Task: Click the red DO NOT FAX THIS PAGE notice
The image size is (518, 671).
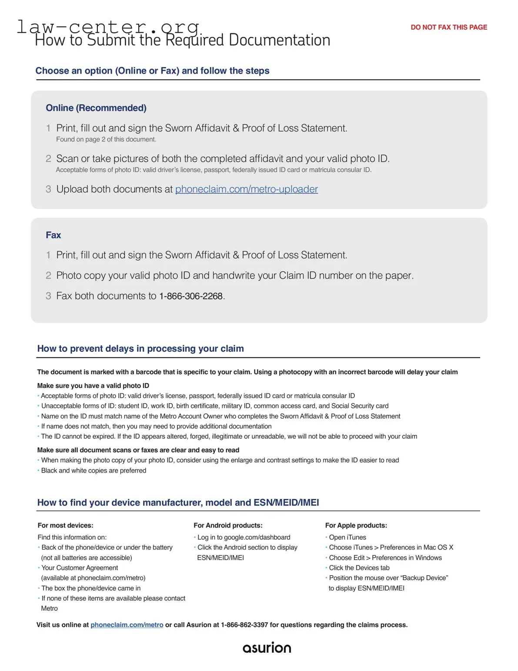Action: [x=448, y=27]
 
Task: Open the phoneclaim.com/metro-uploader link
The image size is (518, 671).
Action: [x=246, y=189]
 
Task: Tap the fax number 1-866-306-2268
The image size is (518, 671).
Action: [x=191, y=296]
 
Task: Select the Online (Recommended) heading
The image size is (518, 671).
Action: [x=96, y=108]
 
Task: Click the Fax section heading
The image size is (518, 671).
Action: [x=53, y=235]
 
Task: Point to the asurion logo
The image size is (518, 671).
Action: [x=267, y=647]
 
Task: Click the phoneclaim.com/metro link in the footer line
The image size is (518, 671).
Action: [x=127, y=625]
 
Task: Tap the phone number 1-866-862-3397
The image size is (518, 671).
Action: [x=244, y=625]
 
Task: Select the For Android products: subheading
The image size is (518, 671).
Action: [x=228, y=526]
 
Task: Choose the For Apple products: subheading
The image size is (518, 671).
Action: [x=356, y=526]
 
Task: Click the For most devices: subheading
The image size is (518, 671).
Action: [x=65, y=526]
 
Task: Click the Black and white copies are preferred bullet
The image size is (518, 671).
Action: [x=94, y=471]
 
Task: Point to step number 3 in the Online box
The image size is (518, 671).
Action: [x=48, y=189]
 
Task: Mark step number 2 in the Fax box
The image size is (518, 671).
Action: [x=48, y=276]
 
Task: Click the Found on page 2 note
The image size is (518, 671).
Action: [x=106, y=139]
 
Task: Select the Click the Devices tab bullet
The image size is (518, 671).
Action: [x=359, y=568]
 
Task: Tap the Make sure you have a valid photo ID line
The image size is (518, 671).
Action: [x=93, y=386]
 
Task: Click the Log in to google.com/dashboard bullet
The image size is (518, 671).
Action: [x=244, y=537]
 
